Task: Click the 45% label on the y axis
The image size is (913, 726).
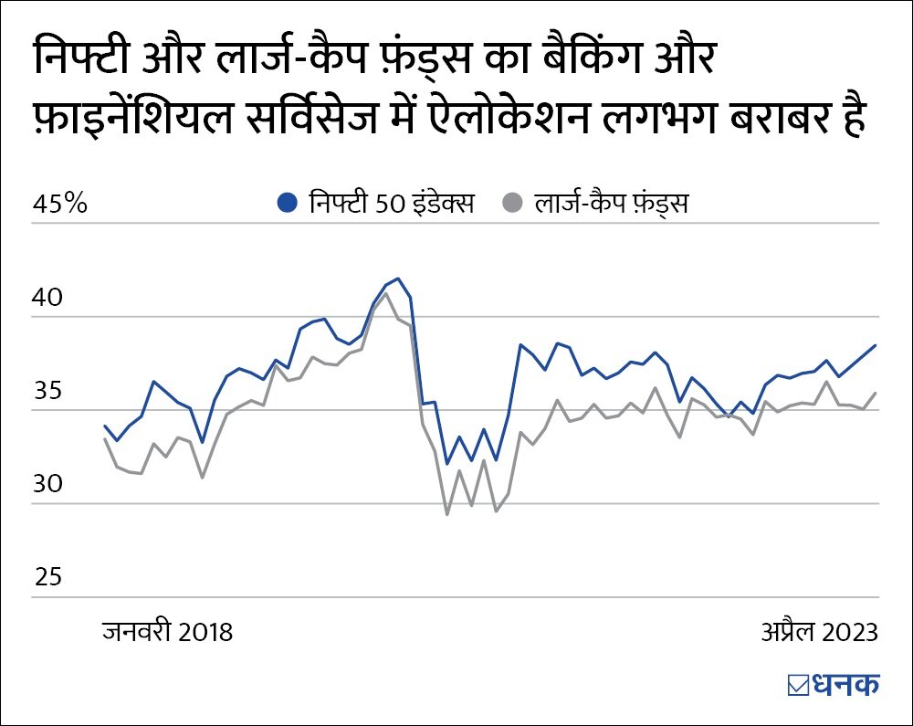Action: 60,204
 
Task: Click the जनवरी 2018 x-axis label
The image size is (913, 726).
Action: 167,632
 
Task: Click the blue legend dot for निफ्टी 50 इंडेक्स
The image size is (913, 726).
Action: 289,203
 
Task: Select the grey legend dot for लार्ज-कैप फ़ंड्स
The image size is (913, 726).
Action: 515,203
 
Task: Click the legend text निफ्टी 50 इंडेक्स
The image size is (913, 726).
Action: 391,203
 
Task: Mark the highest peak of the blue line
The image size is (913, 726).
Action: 397,279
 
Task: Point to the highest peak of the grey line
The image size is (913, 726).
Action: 385,294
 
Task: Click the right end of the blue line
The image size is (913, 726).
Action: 876,345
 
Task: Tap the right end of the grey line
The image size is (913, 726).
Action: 876,394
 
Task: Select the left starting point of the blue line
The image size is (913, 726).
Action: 105,426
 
